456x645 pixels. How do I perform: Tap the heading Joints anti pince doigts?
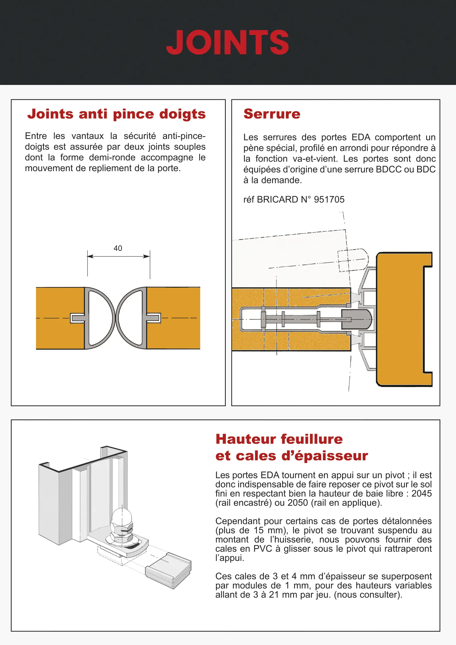117,114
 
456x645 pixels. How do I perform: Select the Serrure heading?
272,114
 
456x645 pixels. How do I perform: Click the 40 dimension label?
118,248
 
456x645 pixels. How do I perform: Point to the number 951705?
329,199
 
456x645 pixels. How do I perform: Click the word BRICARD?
277,199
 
